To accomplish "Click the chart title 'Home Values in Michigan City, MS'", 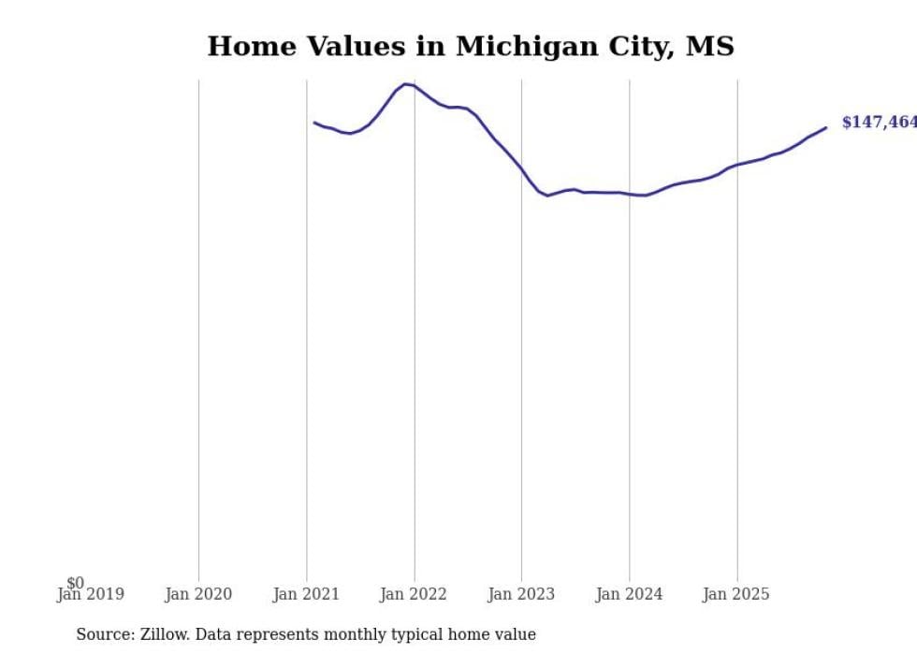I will coord(471,46).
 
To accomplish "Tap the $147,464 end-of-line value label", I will coord(879,123).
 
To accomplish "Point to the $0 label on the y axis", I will coord(75,583).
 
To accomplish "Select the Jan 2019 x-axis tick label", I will coord(90,594).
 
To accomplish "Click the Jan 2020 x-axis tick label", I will coord(198,594).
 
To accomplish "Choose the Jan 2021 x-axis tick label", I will coord(306,594).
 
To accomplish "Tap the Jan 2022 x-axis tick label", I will coord(414,594).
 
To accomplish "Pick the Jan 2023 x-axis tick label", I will coord(521,594).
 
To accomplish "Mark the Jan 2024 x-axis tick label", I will coord(629,594).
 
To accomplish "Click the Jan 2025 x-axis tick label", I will coord(736,594).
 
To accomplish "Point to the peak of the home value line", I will coord(405,84).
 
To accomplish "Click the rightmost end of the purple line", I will coord(825,127).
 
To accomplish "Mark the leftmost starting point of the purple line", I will coord(314,122).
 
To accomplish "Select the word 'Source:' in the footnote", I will coord(104,634).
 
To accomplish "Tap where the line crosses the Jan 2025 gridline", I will coord(736,165).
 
